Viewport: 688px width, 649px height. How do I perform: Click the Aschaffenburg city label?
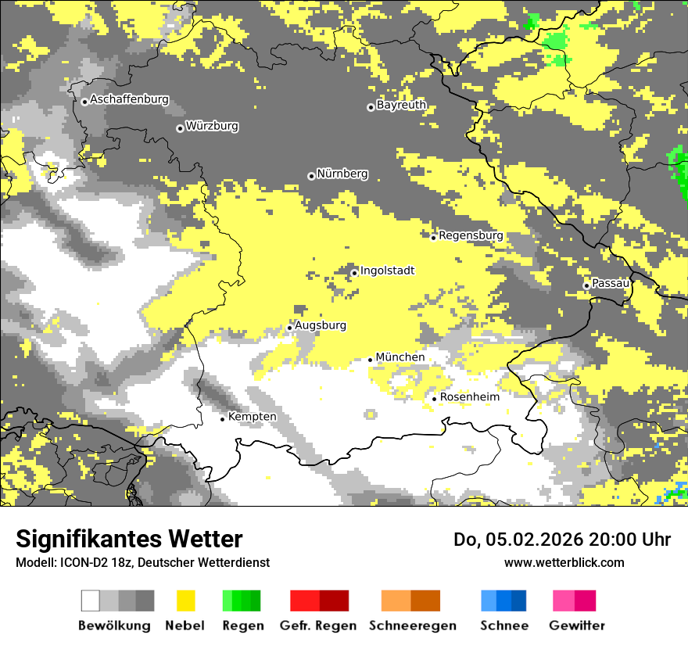click(129, 100)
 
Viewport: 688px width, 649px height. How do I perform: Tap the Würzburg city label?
click(212, 127)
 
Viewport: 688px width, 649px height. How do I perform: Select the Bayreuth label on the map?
click(401, 105)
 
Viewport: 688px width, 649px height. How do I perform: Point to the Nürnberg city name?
click(342, 174)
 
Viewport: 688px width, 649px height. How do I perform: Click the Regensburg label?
click(471, 235)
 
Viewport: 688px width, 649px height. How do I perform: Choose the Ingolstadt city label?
click(387, 271)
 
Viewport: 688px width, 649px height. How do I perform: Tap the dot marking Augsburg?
click(290, 328)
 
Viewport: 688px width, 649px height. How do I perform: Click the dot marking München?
click(371, 360)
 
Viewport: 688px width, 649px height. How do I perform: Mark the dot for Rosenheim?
click(435, 399)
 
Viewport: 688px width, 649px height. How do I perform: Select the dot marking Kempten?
click(223, 419)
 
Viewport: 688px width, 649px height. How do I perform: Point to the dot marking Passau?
click(586, 285)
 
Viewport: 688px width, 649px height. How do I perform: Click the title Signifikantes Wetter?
click(129, 540)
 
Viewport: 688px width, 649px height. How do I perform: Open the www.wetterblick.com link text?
click(564, 562)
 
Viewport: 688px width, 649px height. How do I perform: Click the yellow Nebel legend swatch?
click(185, 601)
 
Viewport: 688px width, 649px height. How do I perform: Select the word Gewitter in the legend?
click(577, 626)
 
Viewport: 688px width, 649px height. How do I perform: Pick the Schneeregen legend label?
click(413, 626)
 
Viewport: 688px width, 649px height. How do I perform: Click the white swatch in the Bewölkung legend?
click(91, 601)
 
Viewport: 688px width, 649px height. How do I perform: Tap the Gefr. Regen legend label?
click(318, 626)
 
